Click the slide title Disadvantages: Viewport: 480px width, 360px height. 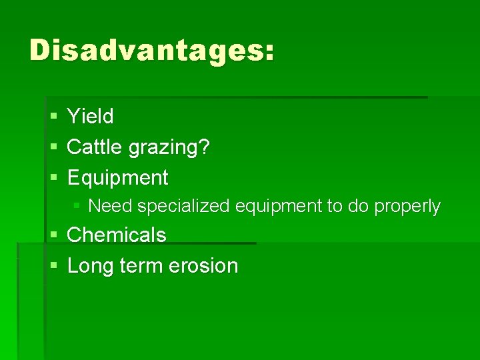(x=151, y=51)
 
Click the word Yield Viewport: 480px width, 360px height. (x=91, y=117)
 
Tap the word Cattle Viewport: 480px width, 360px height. (x=88, y=147)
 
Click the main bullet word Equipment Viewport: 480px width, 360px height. (x=118, y=178)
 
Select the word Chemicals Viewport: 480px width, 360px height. (x=117, y=235)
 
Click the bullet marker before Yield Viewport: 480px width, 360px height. (x=53, y=117)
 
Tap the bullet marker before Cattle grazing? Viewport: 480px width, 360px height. (x=53, y=148)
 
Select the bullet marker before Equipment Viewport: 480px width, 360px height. (x=53, y=179)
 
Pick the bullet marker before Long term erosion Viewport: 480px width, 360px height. (x=53, y=267)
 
